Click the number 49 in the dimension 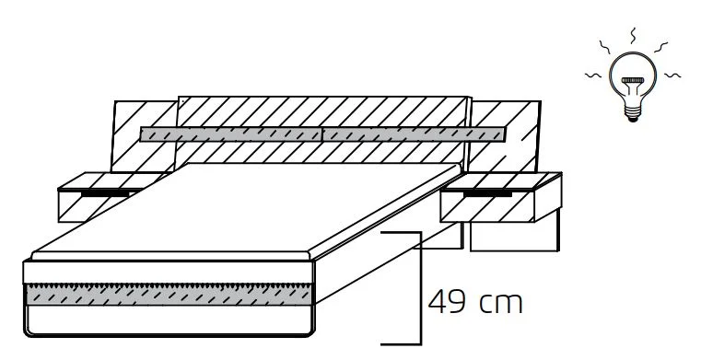click(446, 302)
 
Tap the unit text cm click(501, 303)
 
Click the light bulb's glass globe click(632, 74)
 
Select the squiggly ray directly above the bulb click(633, 36)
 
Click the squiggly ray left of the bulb click(594, 75)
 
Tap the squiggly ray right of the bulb click(672, 75)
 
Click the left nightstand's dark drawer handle click(105, 194)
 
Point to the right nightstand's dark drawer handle click(487, 194)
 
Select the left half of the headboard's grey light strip click(230, 134)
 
